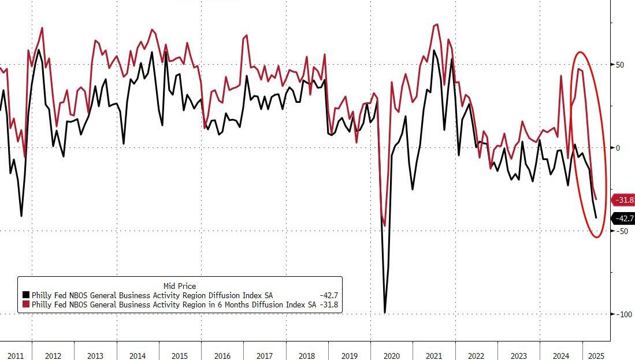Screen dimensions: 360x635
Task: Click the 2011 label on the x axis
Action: pos(16,355)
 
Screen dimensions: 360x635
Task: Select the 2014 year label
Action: pos(138,355)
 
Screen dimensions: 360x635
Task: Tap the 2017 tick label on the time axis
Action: pos(265,355)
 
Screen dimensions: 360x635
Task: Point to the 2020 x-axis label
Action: pos(392,355)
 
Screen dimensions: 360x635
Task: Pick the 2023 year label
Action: pos(518,355)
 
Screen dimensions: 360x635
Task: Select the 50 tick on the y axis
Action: pos(620,65)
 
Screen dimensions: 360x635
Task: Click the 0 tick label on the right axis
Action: pos(617,148)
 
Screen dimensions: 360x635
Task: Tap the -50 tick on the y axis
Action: pos(621,231)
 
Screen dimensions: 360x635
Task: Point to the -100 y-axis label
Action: pos(623,314)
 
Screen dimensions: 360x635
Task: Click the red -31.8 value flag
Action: pos(623,200)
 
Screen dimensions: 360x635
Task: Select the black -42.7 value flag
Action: pos(623,218)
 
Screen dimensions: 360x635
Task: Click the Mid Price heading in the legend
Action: pos(179,285)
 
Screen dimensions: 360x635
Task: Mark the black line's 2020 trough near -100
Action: pos(384,313)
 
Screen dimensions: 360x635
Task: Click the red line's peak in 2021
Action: pos(436,24)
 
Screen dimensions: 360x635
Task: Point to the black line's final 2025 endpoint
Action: pos(596,218)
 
